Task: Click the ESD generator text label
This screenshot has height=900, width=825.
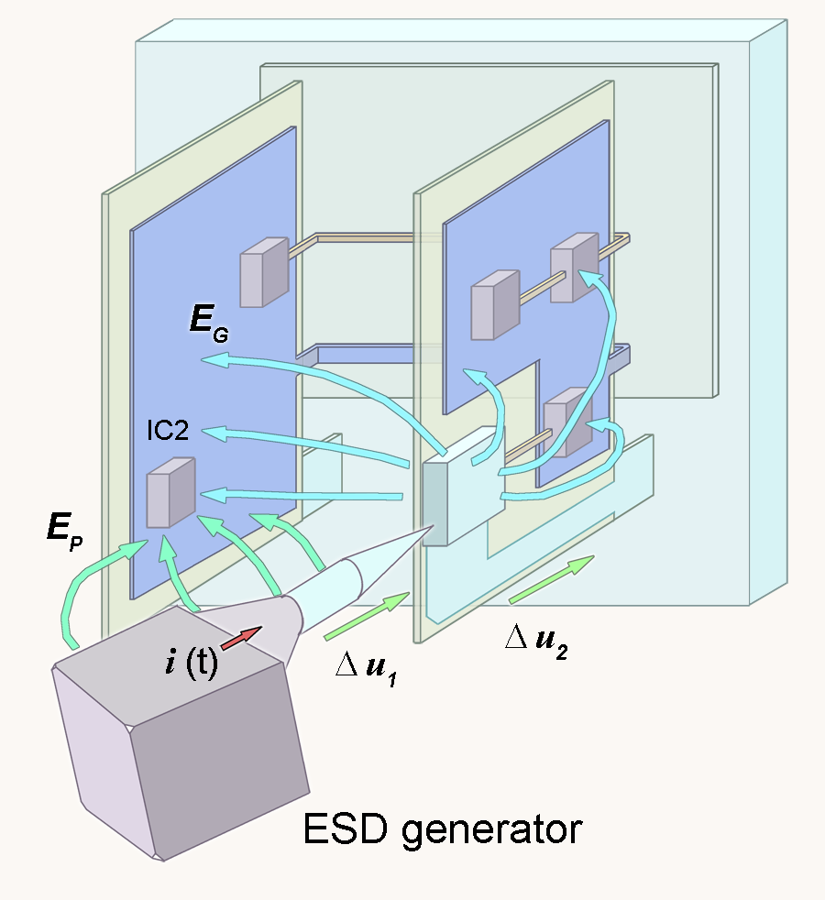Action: [442, 830]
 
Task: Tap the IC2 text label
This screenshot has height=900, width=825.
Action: [168, 431]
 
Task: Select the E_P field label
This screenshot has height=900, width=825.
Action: [65, 531]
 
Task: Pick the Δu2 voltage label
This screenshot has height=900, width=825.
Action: [537, 642]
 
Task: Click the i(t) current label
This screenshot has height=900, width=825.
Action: [192, 661]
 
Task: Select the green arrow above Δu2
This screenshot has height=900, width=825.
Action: [551, 579]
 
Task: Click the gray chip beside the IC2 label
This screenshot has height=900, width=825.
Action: [170, 492]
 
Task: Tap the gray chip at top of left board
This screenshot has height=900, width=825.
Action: [264, 272]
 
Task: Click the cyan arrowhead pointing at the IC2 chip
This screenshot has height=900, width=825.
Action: [211, 494]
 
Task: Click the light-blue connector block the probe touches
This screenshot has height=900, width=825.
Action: [464, 486]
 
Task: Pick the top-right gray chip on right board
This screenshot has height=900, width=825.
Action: [574, 267]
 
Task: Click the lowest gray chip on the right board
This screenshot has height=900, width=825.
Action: [567, 423]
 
